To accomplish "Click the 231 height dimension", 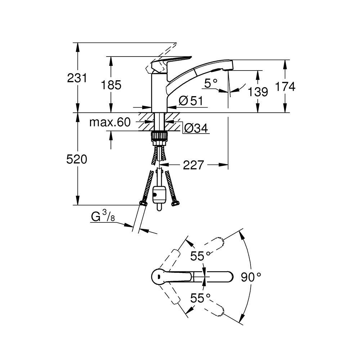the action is [x=77, y=78].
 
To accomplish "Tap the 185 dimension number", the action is [x=111, y=85].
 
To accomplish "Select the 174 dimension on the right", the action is [x=285, y=86].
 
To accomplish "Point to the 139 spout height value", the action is [x=258, y=92].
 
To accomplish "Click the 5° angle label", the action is [x=211, y=83].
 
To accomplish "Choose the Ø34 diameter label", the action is [x=196, y=128].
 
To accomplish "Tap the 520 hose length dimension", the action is [x=77, y=159].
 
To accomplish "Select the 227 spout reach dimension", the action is [x=193, y=165].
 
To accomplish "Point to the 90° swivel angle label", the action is [x=251, y=277].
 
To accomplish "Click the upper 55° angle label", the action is [x=200, y=256].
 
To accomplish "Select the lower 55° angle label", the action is [x=200, y=298].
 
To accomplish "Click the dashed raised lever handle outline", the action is [x=161, y=59].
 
